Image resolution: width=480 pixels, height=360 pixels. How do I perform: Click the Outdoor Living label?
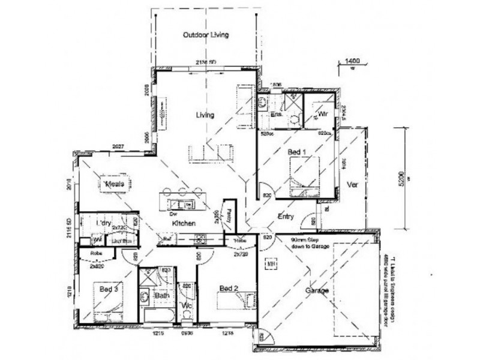(206, 35)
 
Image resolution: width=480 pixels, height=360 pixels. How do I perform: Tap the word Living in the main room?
(205, 115)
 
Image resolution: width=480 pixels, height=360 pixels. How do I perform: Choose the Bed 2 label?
(229, 289)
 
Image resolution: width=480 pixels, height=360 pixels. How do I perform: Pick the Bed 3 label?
(109, 290)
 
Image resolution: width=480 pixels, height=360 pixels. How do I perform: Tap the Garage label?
(317, 291)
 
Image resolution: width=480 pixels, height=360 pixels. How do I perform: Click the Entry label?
(286, 217)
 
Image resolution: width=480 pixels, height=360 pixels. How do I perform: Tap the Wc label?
(187, 305)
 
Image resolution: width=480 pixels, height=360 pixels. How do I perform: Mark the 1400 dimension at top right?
(351, 61)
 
